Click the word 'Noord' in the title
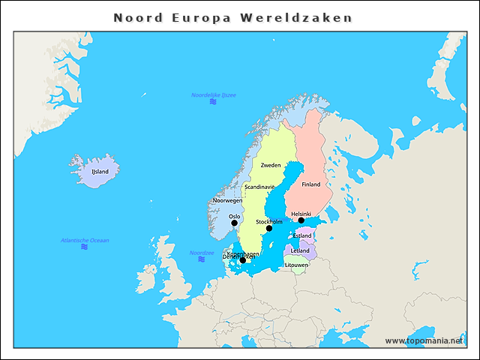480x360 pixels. point(138,17)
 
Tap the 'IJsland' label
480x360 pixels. point(100,172)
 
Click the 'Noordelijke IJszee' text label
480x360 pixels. point(214,95)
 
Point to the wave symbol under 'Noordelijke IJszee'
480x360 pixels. point(213,103)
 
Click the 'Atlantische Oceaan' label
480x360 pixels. point(85,240)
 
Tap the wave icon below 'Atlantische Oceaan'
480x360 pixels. point(84,247)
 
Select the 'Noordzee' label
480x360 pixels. point(202,253)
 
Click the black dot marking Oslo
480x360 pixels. point(234,223)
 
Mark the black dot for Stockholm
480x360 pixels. point(269,228)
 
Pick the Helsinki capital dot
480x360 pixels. point(301,220)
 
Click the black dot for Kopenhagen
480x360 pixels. point(242,260)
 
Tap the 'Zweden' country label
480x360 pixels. point(271,165)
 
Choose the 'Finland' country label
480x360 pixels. point(311,184)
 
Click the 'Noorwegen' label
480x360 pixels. point(228,201)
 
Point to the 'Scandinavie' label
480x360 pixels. point(259,187)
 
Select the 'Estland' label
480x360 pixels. point(303,235)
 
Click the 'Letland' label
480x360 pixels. point(300,250)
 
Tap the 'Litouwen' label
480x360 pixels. point(297,265)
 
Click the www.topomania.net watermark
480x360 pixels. point(424,340)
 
